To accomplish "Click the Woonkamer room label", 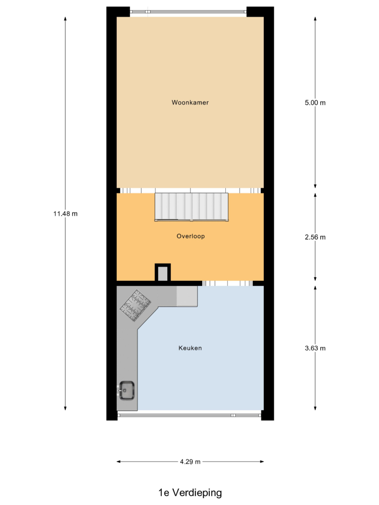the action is coord(190,103).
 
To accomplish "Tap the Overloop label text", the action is coord(191,236).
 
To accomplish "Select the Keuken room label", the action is coord(190,348).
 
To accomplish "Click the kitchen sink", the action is coord(126,390).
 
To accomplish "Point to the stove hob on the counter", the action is coord(135,306).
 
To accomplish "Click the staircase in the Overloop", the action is coord(192,207).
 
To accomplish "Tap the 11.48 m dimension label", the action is coord(65,214).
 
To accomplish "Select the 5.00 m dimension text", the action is coord(315,103).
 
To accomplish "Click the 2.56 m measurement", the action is coord(315,237).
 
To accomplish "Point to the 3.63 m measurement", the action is coord(315,348).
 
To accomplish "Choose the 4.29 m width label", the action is coord(190,462).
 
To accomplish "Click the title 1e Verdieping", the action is coord(190,492).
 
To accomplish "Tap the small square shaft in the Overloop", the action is coord(163,273).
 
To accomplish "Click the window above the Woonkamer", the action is coord(188,12).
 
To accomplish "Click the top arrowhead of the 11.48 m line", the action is coord(65,18).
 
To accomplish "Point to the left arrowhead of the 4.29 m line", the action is coord(118,462).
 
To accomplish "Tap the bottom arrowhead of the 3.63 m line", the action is coord(315,409).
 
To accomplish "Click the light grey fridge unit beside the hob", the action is coord(187,296).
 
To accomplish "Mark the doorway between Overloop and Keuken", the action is coord(227,283).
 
